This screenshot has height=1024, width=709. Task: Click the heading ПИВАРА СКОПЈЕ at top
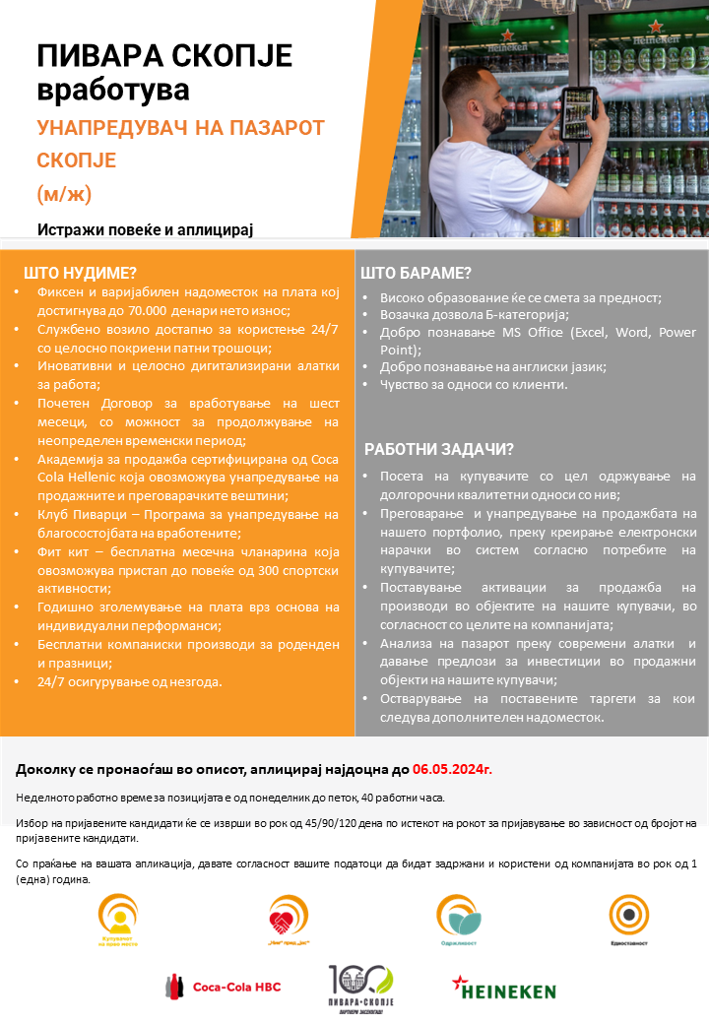pos(164,55)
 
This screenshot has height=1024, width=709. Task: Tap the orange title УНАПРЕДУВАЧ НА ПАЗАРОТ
pos(180,127)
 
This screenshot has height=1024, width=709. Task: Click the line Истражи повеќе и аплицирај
pos(146,229)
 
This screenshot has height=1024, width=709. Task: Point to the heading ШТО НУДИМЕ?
pos(80,273)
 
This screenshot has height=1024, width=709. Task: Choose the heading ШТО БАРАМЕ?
pos(416,273)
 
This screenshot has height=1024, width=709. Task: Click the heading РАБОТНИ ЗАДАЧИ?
pos(439,449)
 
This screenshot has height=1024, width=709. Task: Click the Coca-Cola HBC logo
pos(224,986)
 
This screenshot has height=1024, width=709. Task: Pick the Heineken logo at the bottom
pos(503,989)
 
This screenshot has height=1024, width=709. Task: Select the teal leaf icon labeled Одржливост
pos(459,918)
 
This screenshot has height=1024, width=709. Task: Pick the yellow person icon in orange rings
pos(118,915)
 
